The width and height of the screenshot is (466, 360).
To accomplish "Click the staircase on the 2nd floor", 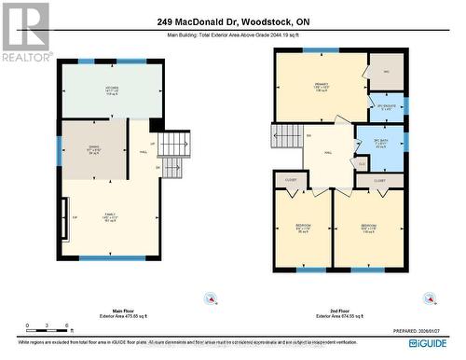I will click(x=286, y=137).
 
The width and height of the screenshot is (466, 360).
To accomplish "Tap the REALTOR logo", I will click(x=25, y=32).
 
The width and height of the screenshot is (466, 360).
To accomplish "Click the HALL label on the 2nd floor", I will click(x=329, y=157).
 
